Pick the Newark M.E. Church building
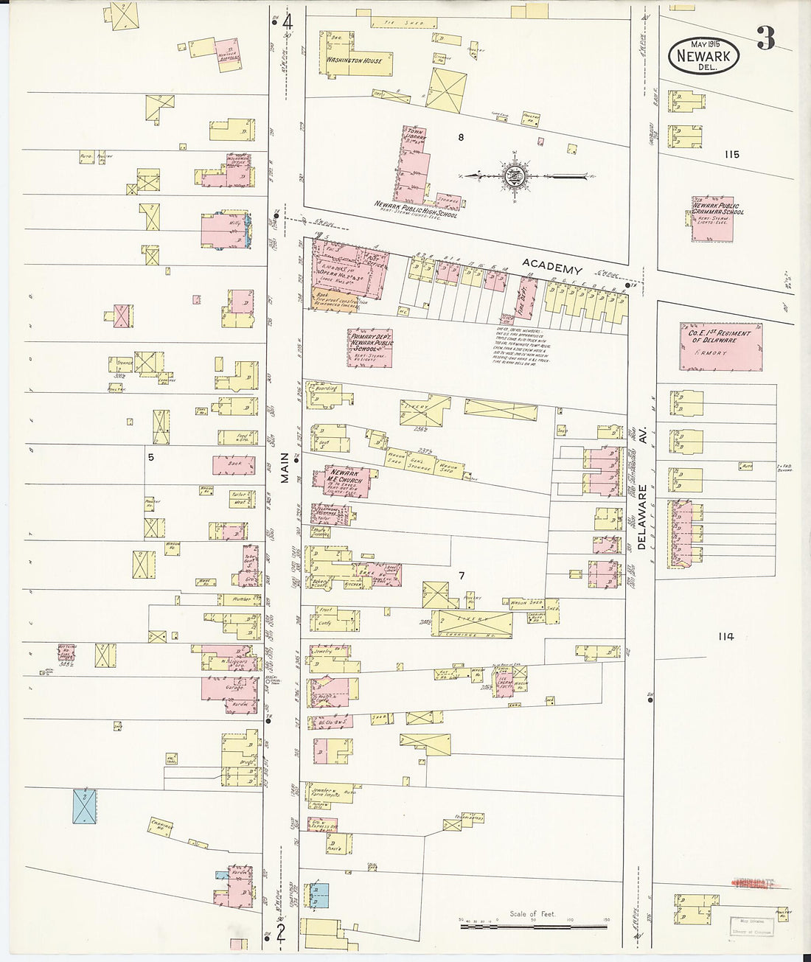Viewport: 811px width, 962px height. [347, 481]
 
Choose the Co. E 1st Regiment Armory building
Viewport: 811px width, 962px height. [720, 346]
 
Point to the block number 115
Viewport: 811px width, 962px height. [731, 155]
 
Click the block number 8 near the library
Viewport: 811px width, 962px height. [461, 137]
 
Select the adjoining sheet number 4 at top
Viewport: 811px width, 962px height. [287, 22]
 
